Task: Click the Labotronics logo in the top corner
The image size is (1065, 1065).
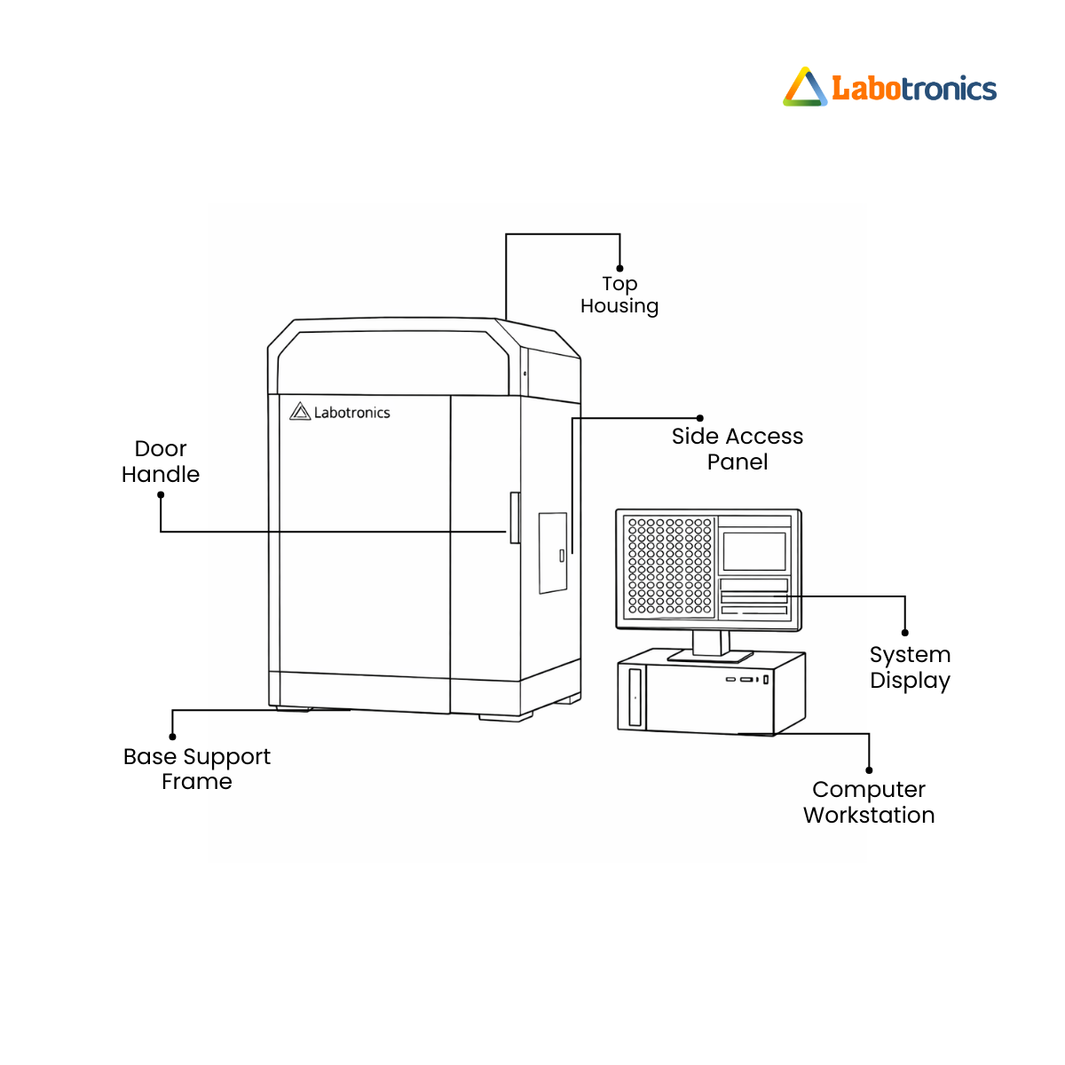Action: (890, 88)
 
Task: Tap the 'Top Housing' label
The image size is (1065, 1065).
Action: (619, 295)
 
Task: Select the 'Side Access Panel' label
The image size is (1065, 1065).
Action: (737, 449)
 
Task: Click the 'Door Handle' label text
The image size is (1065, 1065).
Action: (161, 461)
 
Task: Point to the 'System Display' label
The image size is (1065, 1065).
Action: (910, 667)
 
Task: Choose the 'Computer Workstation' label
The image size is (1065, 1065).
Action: (869, 802)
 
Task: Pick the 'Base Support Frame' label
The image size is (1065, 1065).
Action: (197, 769)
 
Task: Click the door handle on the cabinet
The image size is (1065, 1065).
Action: (514, 517)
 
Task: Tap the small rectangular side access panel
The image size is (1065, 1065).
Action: (553, 553)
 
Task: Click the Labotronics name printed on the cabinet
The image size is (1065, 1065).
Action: (351, 413)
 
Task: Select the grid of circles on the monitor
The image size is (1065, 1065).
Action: (670, 566)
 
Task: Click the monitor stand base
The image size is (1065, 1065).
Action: (710, 657)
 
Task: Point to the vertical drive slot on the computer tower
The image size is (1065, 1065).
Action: (635, 698)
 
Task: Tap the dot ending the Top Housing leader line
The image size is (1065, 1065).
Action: (619, 268)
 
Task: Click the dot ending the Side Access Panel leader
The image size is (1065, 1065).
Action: (700, 418)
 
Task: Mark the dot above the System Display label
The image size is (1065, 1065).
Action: (905, 633)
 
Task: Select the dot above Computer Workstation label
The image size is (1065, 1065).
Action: (869, 769)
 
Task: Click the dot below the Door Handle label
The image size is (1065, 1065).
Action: (161, 495)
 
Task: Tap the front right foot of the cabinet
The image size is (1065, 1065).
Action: (505, 717)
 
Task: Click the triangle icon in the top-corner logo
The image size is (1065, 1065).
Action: (805, 88)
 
